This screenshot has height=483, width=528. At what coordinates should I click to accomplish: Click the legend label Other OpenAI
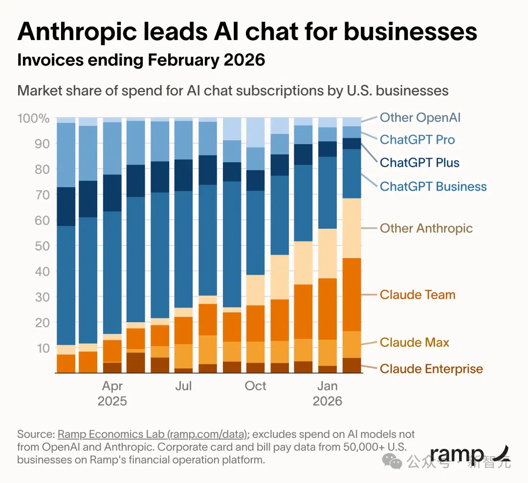(x=420, y=117)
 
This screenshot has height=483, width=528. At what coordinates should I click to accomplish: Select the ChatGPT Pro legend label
(x=417, y=140)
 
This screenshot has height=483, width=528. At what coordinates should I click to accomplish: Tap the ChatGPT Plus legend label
(x=419, y=163)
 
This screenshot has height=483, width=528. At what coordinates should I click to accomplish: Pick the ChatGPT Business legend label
(x=433, y=187)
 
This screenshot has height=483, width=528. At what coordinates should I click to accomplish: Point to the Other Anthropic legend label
(x=426, y=228)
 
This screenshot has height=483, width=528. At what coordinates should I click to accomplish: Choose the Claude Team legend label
(x=418, y=295)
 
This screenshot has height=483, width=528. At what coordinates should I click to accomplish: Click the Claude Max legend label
(x=415, y=343)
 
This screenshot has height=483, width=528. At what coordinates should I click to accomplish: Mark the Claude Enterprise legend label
(x=431, y=369)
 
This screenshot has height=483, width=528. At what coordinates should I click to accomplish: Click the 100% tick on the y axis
(x=33, y=118)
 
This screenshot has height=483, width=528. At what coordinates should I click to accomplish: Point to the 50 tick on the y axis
(x=42, y=246)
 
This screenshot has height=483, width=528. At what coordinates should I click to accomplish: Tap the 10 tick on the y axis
(x=43, y=348)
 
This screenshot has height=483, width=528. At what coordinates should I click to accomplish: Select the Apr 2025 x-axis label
(x=112, y=394)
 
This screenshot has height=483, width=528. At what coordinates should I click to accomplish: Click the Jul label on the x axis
(x=183, y=386)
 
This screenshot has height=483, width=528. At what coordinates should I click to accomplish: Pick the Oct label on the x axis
(x=255, y=386)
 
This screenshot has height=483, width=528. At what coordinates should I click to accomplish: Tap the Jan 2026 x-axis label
(x=327, y=394)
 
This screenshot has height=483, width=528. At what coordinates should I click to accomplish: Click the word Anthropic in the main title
(x=77, y=32)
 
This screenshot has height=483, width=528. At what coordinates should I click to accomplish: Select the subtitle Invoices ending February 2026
(x=141, y=60)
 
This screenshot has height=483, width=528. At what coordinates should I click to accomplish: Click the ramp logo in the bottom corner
(x=470, y=455)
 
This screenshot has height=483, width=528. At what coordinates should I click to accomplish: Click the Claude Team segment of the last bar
(x=352, y=295)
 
